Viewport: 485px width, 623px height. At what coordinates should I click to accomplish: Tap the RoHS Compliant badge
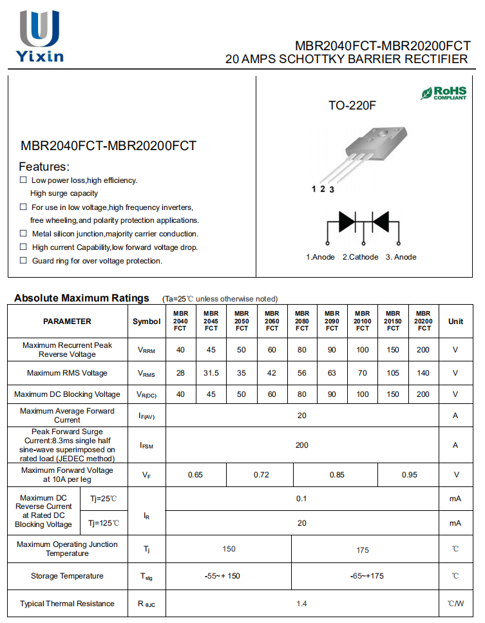(444, 93)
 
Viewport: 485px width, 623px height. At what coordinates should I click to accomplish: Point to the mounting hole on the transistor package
(379, 133)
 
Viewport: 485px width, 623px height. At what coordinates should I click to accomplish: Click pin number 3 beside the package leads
(332, 189)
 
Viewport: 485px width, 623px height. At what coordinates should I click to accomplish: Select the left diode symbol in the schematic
(347, 222)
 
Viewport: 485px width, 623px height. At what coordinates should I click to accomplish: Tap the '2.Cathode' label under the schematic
(360, 257)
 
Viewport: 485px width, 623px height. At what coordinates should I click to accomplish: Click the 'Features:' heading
(44, 166)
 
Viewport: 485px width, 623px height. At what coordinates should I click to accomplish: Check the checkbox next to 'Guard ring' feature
(23, 260)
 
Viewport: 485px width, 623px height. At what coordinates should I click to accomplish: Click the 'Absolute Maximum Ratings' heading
(82, 298)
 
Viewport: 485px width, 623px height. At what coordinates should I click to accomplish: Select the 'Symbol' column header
(147, 321)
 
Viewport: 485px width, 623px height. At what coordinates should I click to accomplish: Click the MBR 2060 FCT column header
(272, 321)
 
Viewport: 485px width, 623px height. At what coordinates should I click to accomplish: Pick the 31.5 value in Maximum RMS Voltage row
(211, 373)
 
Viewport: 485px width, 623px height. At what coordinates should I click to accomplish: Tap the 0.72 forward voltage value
(261, 475)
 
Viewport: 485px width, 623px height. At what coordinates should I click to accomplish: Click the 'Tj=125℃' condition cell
(104, 522)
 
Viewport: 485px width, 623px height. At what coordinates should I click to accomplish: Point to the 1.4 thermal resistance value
(301, 604)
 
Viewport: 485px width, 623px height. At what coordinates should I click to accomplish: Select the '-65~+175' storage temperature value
(366, 576)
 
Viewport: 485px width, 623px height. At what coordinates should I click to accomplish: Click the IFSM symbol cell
(147, 445)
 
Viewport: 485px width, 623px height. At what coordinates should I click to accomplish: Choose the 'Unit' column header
(455, 321)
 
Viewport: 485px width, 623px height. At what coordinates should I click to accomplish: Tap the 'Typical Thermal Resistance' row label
(67, 604)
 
